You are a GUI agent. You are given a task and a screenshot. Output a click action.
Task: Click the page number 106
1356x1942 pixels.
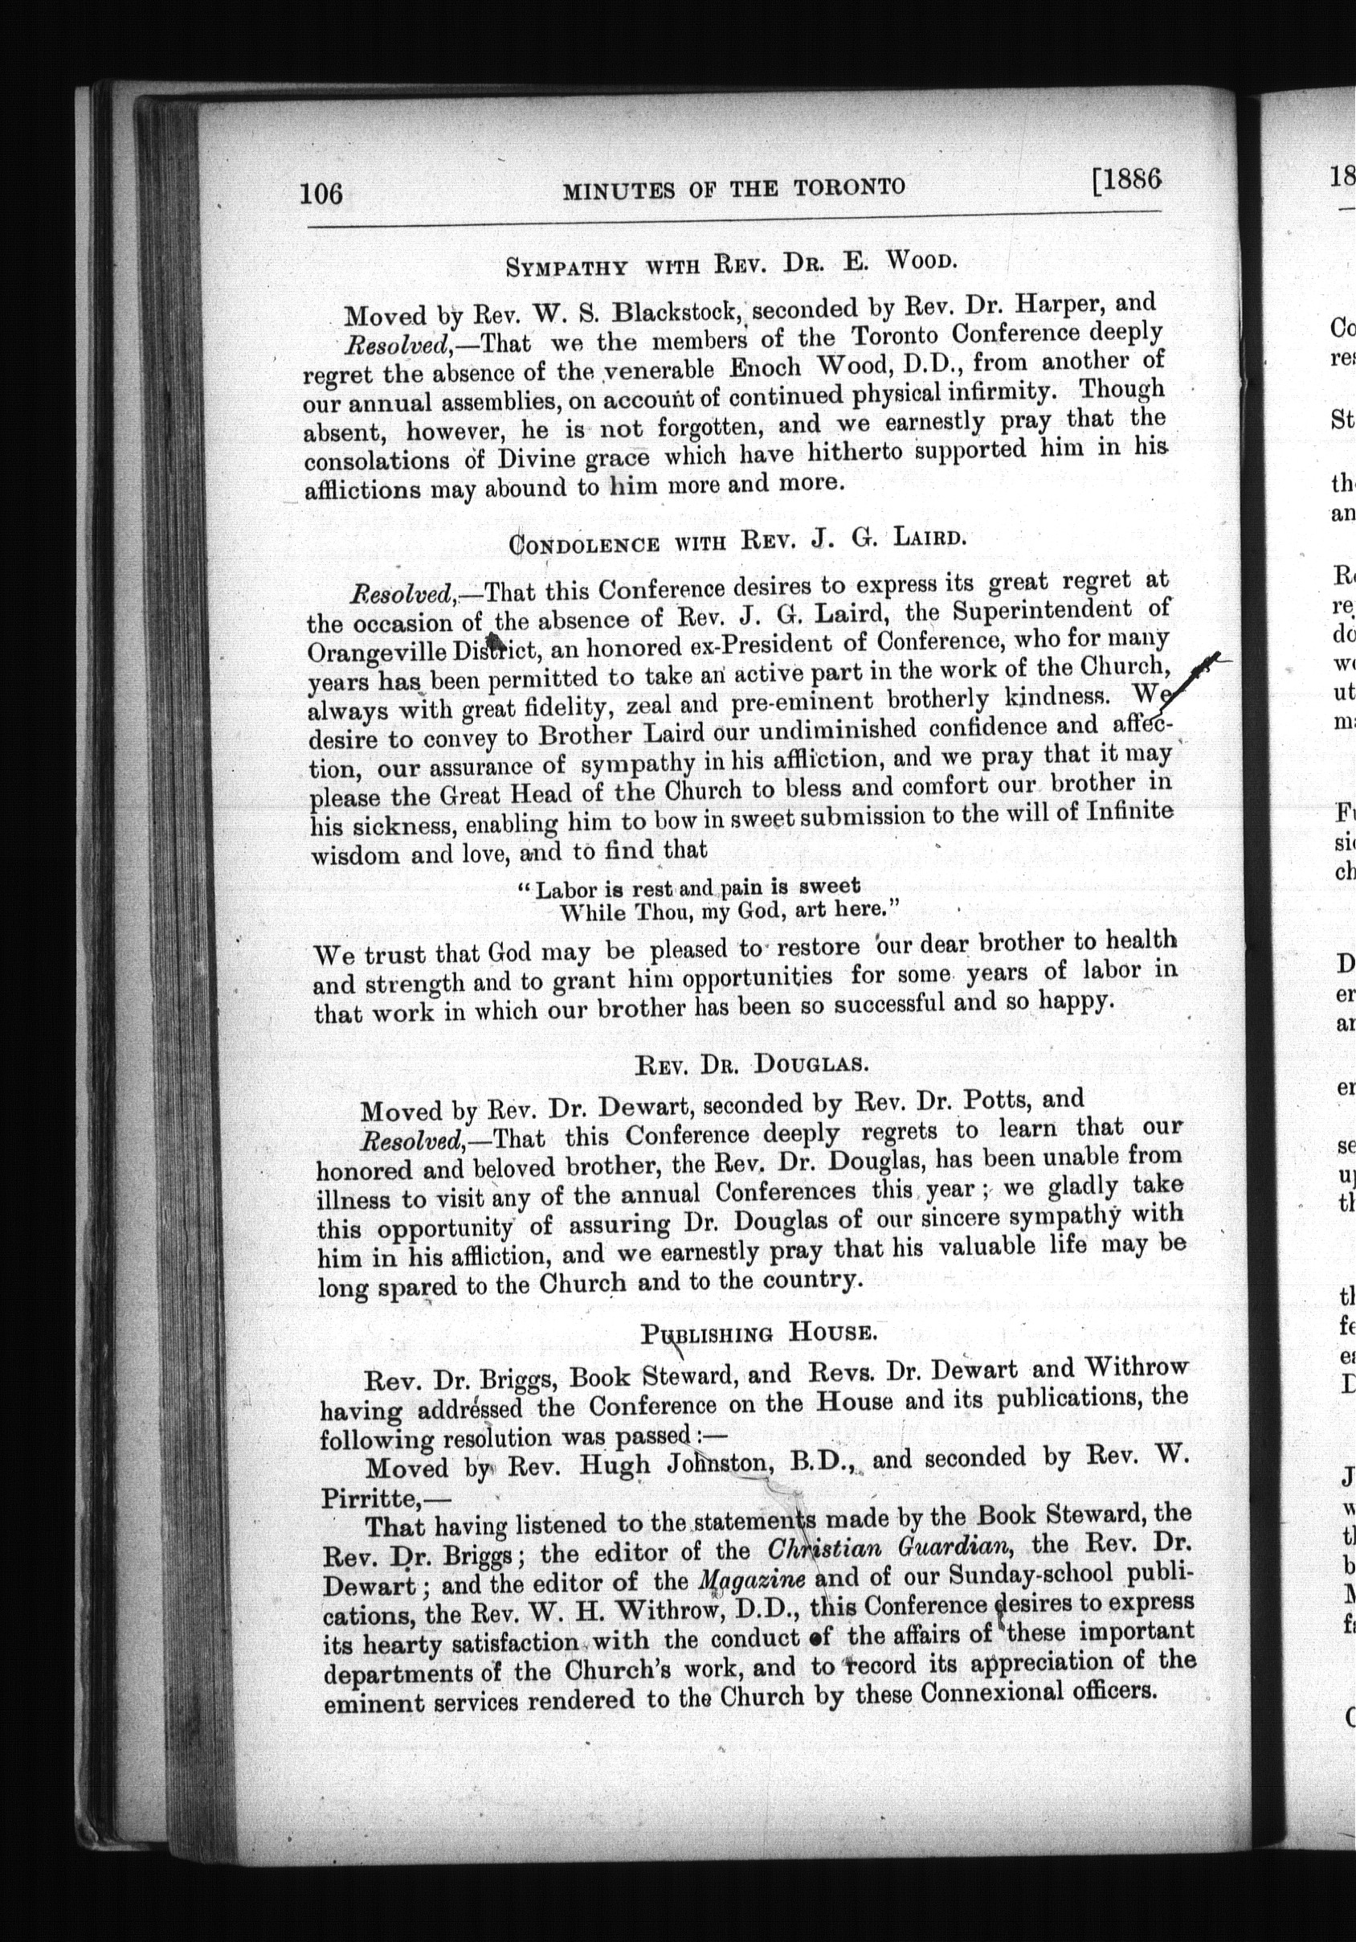click(321, 194)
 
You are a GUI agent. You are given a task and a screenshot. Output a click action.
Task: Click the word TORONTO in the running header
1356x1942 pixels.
click(849, 186)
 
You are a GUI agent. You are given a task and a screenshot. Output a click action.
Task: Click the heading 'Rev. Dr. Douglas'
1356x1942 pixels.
click(752, 1063)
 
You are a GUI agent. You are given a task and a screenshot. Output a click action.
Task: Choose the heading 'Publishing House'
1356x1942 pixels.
click(756, 1334)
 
